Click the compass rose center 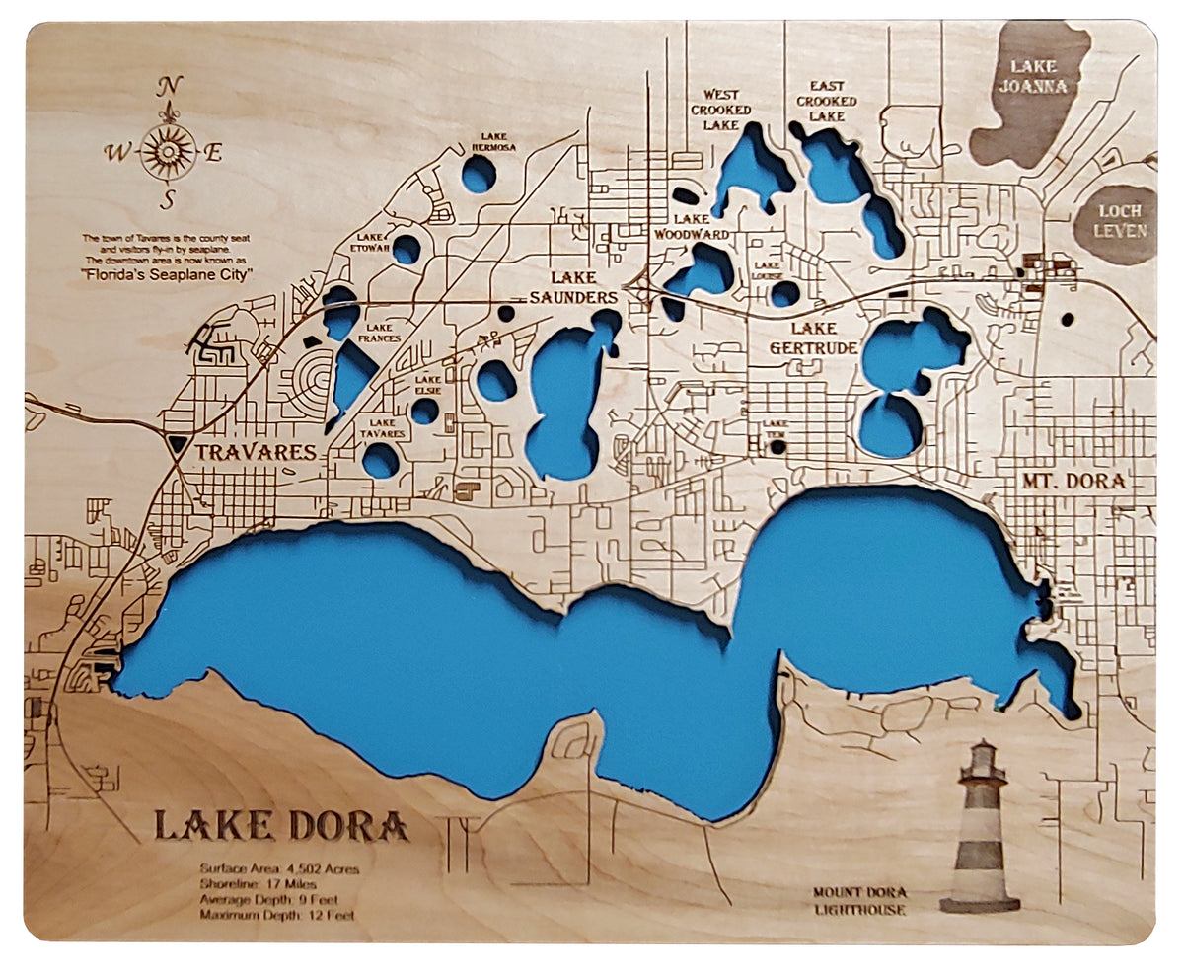click(169, 151)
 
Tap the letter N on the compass click(170, 86)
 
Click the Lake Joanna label click(1032, 76)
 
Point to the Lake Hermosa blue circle click(479, 175)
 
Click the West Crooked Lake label click(720, 110)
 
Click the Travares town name click(255, 453)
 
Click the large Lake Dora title click(280, 825)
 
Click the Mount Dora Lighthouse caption click(858, 900)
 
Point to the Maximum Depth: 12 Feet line click(276, 915)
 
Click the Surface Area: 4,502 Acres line click(279, 869)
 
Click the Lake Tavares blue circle click(381, 461)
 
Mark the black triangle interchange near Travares click(177, 444)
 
